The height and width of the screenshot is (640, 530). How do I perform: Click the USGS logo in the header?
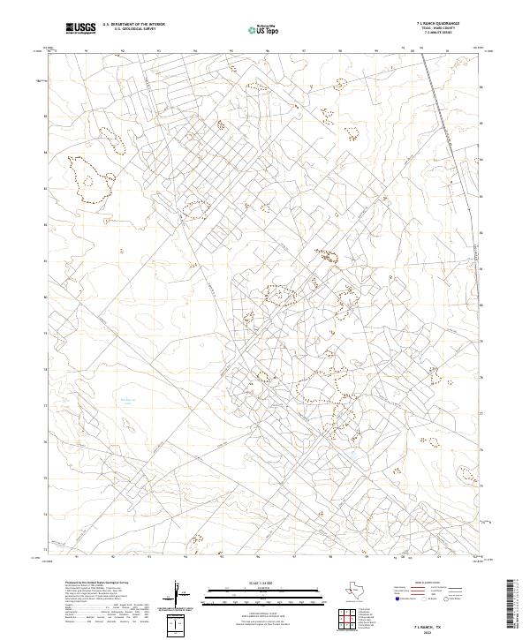[x=80, y=28]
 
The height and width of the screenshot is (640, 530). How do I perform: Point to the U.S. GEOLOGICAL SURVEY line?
[x=129, y=29]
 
